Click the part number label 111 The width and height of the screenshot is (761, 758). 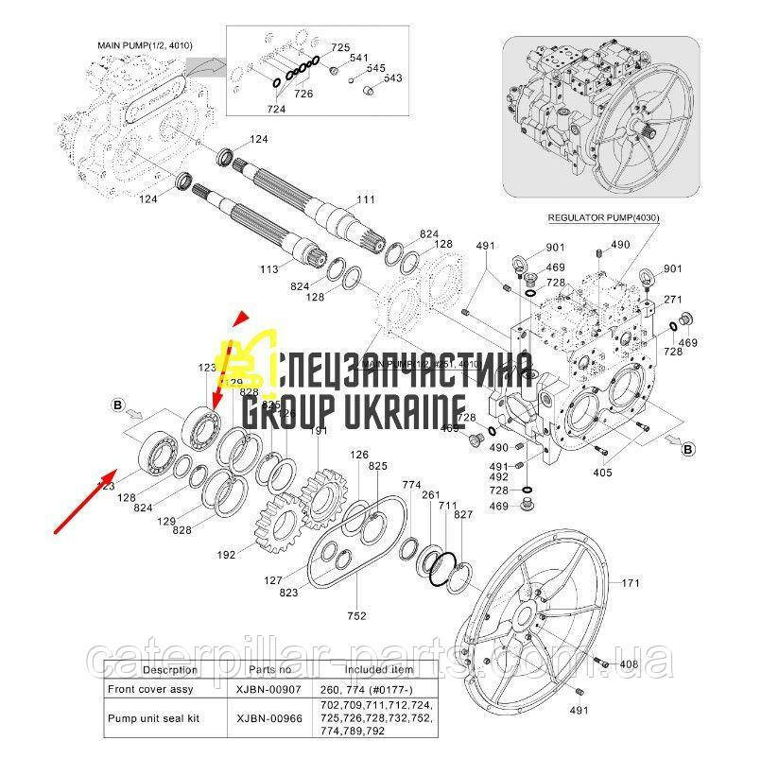[x=366, y=199]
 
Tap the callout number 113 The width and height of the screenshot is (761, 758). [x=269, y=269]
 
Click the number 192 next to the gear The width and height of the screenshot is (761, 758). [x=227, y=556]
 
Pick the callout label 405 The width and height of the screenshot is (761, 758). [x=602, y=472]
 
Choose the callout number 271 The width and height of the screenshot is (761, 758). [x=673, y=299]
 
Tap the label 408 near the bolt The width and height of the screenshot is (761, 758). [x=630, y=666]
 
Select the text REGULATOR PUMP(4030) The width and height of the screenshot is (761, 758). [x=603, y=217]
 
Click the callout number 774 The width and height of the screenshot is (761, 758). [x=411, y=485]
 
